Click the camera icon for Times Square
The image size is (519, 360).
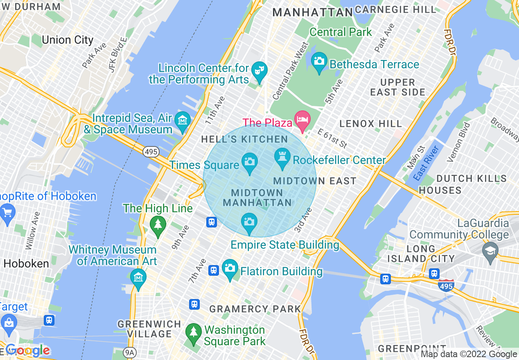(249, 161)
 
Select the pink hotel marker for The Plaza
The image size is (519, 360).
(303, 119)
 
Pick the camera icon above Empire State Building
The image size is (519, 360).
(249, 222)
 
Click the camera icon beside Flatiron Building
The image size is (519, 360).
(230, 268)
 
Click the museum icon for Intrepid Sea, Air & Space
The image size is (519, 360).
(183, 120)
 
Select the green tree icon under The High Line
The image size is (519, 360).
(158, 225)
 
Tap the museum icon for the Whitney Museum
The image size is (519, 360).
(138, 277)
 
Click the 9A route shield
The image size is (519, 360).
(129, 352)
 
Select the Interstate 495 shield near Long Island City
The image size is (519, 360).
(446, 285)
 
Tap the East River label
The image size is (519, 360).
(426, 163)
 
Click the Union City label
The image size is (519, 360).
(68, 40)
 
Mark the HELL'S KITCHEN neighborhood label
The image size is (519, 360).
(244, 139)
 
